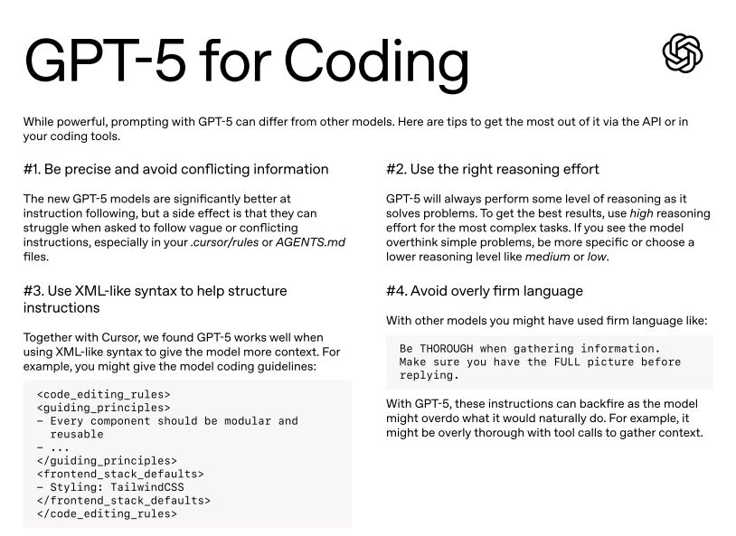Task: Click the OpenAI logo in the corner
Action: coord(683,52)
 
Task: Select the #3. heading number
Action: coord(35,291)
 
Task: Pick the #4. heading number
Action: coord(398,291)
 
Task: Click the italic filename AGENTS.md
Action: coord(310,242)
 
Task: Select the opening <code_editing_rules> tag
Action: coord(103,394)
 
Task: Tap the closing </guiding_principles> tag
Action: coord(107,460)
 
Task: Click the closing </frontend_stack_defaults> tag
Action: coord(123,500)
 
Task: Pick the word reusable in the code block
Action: coord(77,434)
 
